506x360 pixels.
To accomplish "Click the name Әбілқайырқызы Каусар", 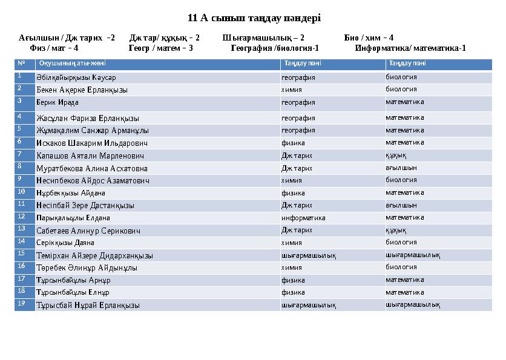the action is (76, 77).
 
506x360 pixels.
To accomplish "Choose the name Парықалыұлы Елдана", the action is (73, 218).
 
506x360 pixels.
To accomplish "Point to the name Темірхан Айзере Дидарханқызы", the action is (94, 255).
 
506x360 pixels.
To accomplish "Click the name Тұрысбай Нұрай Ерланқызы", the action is (88, 306).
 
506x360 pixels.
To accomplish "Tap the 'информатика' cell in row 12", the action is (303, 218).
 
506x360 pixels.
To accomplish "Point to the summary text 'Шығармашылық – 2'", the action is (263, 38).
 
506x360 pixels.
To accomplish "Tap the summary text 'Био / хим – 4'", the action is (369, 38).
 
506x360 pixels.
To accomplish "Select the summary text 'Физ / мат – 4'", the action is (54, 48).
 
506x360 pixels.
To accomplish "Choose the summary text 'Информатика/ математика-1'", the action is (410, 48).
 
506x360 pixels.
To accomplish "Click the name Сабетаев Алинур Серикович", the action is (88, 231).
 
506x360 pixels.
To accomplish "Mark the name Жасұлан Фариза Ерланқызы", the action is (88, 118).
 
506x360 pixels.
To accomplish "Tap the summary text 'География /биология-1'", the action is (275, 48).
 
